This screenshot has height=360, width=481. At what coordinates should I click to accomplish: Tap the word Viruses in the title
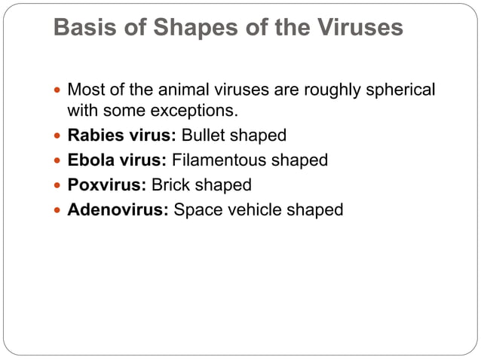pos(355,28)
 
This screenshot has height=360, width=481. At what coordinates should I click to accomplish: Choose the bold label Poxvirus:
pos(106,185)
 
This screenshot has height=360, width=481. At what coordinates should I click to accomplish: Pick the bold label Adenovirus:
pos(118,209)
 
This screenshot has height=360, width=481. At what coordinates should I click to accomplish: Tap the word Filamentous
pos(219,160)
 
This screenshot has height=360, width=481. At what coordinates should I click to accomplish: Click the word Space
pos(195,209)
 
